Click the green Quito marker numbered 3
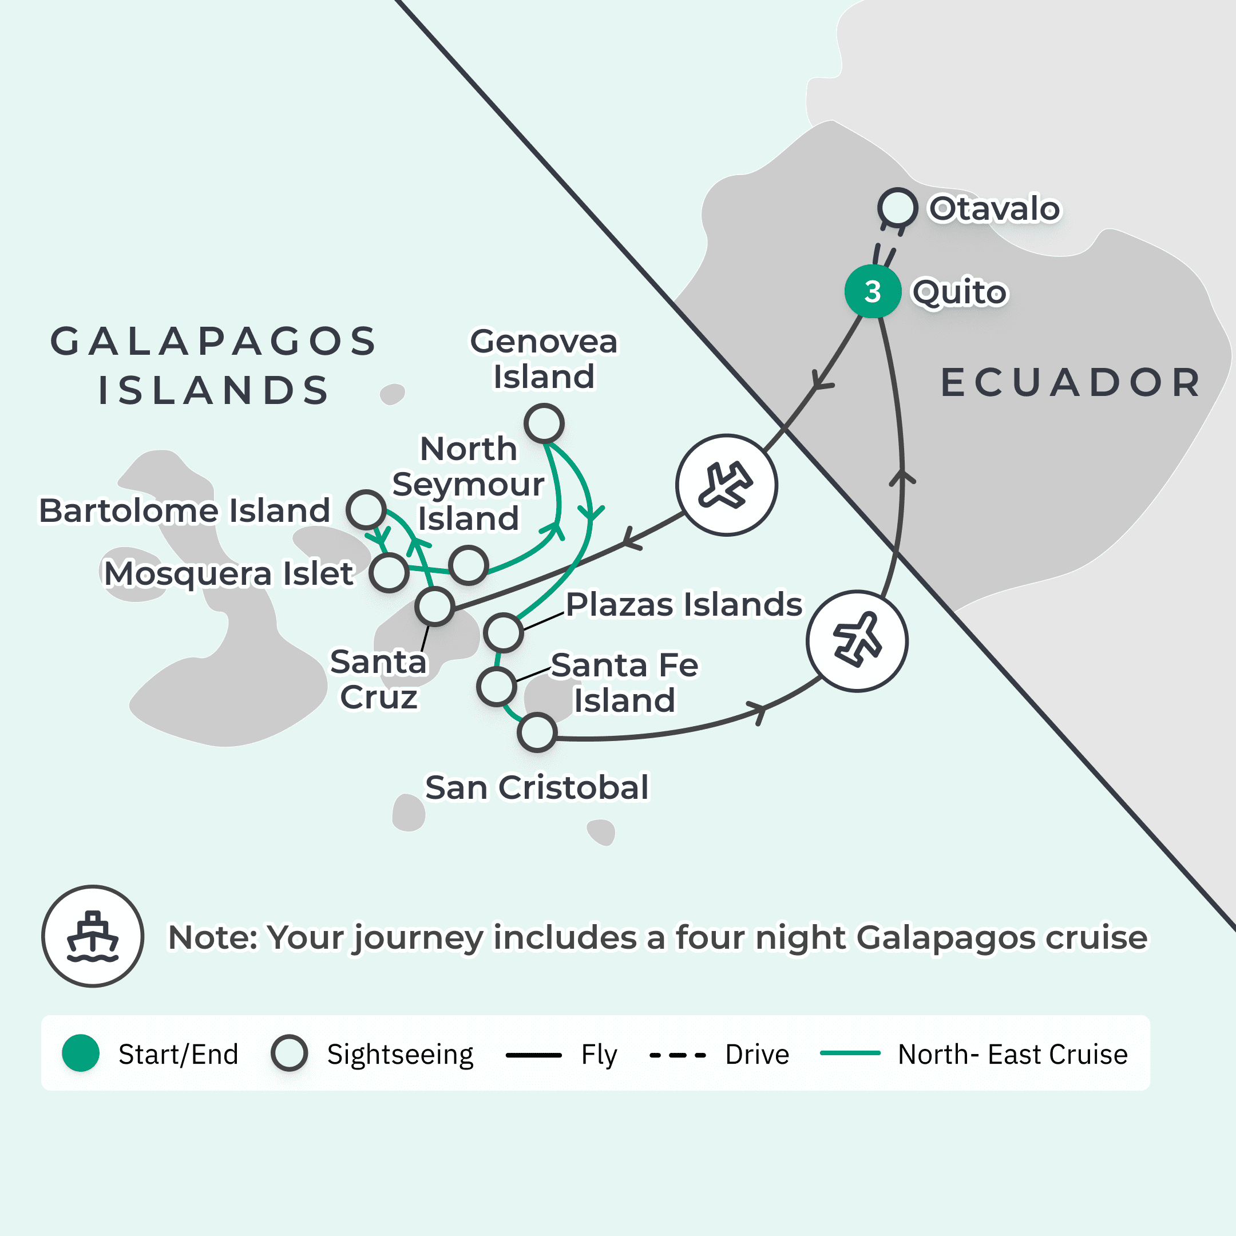tap(873, 292)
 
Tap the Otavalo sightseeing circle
tap(898, 207)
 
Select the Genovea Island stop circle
tap(544, 423)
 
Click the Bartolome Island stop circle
tap(366, 510)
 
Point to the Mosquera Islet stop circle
tap(389, 573)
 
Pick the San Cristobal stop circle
tap(537, 732)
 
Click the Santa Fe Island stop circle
tap(497, 687)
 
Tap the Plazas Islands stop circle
tap(504, 632)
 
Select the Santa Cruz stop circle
tap(435, 607)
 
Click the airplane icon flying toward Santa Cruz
tap(726, 485)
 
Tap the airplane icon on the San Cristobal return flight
tap(857, 640)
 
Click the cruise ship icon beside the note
tap(93, 936)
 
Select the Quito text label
tap(959, 292)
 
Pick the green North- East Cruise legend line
tap(850, 1053)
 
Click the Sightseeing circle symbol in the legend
tap(289, 1053)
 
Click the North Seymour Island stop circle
tap(468, 565)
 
